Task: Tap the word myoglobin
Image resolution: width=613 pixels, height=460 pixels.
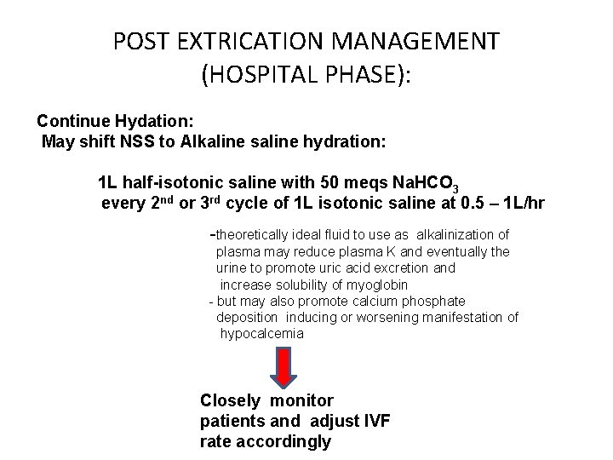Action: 374,285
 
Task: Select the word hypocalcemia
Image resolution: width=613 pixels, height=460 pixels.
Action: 261,334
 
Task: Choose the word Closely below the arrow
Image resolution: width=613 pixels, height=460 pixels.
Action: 232,400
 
